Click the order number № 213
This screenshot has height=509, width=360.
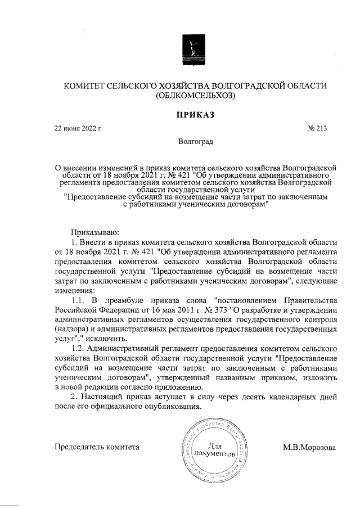[x=317, y=129]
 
